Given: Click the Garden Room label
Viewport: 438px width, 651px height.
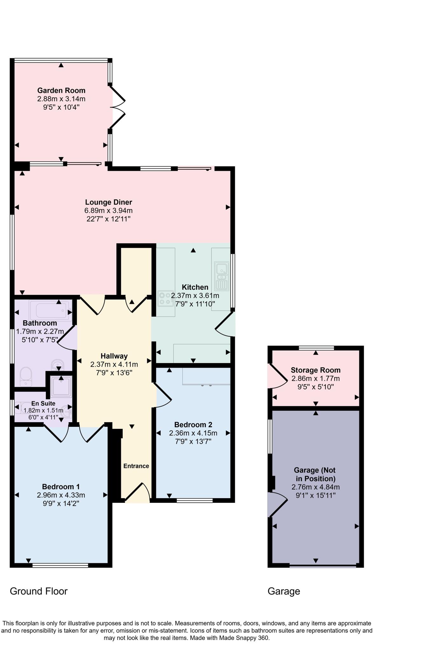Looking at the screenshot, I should click(61, 90).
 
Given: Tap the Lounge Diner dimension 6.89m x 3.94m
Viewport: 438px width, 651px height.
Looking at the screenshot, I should click(108, 210).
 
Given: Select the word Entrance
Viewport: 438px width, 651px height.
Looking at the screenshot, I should click(136, 466).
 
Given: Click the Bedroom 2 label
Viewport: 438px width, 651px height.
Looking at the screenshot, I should click(193, 425).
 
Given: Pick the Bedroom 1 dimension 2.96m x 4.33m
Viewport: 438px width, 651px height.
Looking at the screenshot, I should click(61, 495).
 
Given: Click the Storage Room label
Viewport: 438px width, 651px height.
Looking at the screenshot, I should click(316, 370).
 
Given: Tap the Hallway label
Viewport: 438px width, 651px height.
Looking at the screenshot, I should click(114, 356).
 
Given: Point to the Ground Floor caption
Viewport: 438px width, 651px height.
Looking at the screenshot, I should click(39, 591).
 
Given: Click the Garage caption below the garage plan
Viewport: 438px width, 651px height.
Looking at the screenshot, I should click(284, 591).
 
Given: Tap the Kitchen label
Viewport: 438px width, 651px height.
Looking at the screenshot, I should click(195, 287).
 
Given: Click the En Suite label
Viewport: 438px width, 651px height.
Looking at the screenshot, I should click(43, 403).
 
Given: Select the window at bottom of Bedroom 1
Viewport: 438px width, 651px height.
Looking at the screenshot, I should click(60, 565).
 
